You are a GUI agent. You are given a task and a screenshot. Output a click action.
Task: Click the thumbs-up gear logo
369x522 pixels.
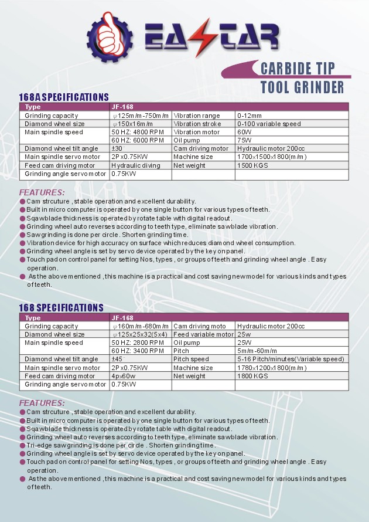pyautogui.click(x=110, y=37)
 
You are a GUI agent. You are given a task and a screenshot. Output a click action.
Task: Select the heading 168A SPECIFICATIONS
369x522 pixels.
pyautogui.click(x=64, y=97)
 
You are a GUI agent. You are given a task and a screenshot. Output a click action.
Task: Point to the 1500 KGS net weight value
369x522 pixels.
pyautogui.click(x=252, y=165)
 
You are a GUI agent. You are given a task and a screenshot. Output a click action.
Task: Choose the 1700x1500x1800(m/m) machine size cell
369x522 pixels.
pyautogui.click(x=272, y=157)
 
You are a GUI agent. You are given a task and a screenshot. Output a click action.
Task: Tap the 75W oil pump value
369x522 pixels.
pyautogui.click(x=244, y=140)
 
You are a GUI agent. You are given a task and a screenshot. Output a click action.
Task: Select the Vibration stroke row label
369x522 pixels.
pyautogui.click(x=197, y=124)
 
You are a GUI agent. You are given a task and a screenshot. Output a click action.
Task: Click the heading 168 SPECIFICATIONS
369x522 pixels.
pyautogui.click(x=61, y=307)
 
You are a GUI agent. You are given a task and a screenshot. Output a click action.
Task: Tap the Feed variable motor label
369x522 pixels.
pyautogui.click(x=203, y=334)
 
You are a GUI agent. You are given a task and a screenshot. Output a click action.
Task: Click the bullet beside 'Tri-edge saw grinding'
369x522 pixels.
pyautogui.click(x=22, y=445)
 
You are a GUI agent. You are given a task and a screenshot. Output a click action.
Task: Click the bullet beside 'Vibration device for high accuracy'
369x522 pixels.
pyautogui.click(x=22, y=243)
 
